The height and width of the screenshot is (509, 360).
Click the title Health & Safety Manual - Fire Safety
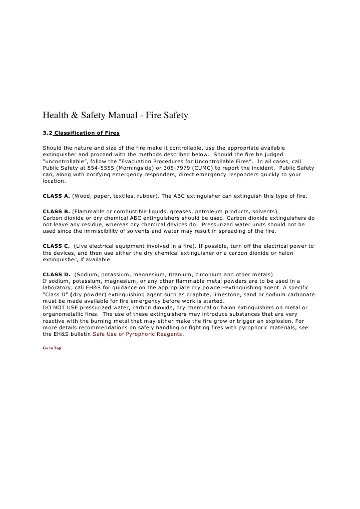(x=115, y=116)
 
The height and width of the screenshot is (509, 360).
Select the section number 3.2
(x=48, y=133)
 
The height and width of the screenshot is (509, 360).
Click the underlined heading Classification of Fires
(x=87, y=133)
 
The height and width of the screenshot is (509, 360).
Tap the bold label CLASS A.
(x=56, y=196)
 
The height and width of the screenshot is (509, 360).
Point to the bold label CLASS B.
(x=56, y=211)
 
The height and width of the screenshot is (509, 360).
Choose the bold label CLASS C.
(x=56, y=246)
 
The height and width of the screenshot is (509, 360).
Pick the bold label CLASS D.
(x=56, y=274)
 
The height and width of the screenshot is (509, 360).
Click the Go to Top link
(x=52, y=348)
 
